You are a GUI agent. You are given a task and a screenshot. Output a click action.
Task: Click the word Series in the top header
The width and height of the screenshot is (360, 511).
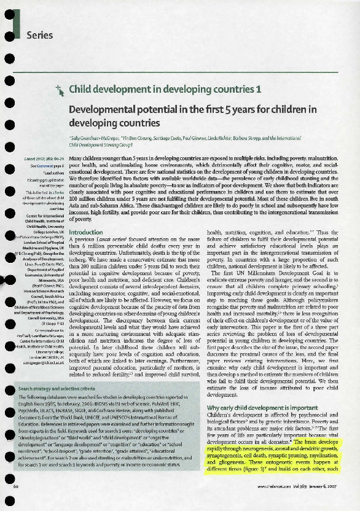pos(41,35)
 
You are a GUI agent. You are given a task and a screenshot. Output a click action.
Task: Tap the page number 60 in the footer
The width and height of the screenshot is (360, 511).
pos(15,504)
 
